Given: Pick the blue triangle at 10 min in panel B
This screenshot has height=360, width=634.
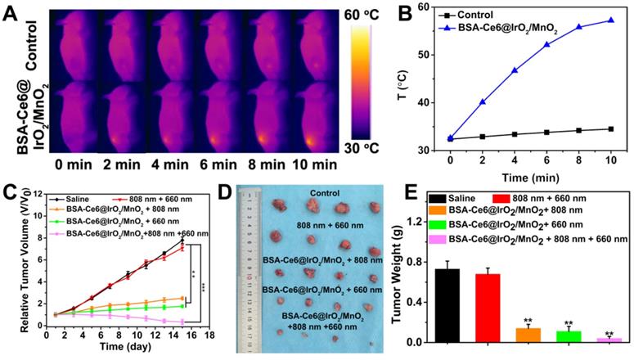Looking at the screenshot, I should [x=610, y=20].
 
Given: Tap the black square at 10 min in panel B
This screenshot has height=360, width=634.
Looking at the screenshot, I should [x=610, y=128].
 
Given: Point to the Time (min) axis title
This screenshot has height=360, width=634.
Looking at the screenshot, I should [x=528, y=176].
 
